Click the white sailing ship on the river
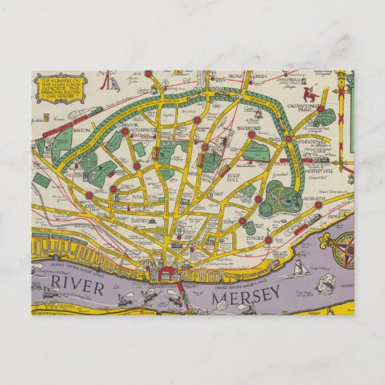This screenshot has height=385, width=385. point(299,268)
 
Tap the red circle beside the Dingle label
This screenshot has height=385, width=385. point(268,239)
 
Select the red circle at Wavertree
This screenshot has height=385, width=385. point(251,134)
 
